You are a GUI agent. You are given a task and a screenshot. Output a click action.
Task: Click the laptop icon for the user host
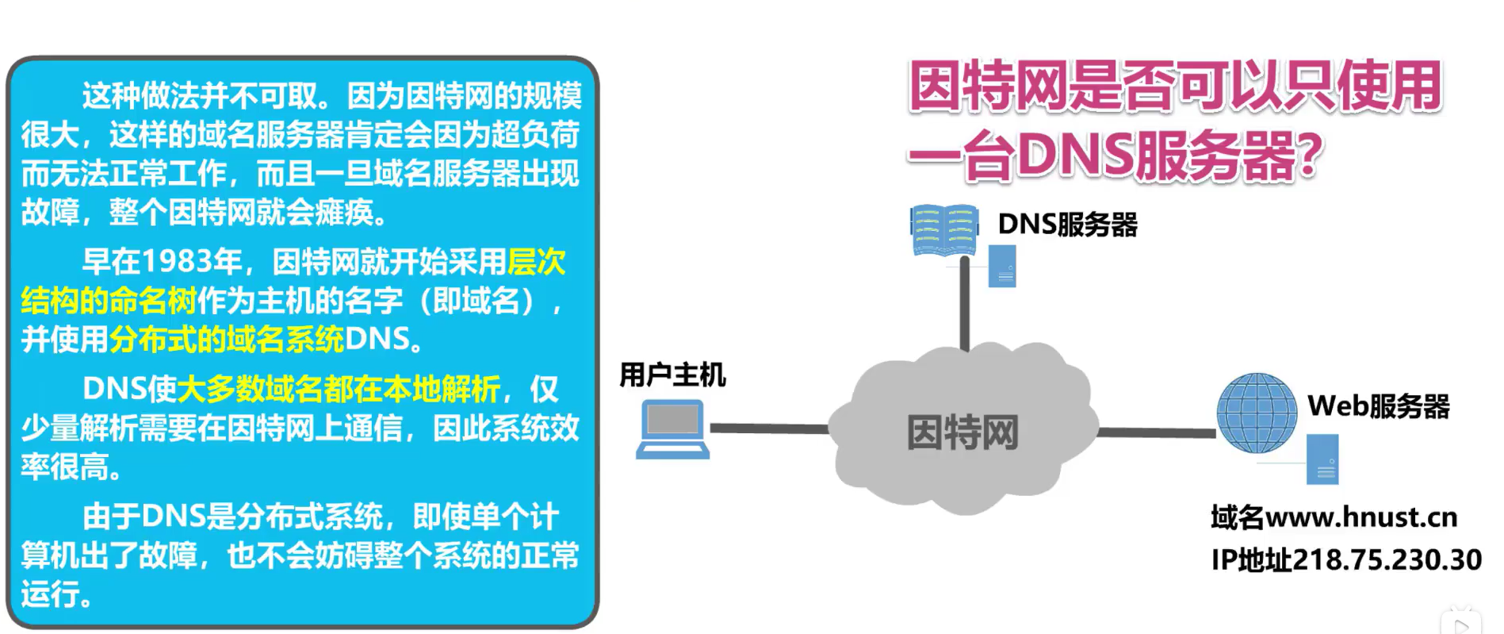672,429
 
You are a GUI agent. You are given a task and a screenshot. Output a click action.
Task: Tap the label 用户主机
672,375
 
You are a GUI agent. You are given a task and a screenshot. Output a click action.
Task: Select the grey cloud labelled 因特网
962,428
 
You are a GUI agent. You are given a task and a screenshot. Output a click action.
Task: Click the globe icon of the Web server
1257,413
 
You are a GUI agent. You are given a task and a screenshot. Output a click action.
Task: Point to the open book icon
943,229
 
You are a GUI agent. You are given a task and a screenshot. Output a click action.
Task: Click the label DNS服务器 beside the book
1067,225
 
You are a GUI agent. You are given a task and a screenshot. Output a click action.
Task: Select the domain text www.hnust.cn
1361,517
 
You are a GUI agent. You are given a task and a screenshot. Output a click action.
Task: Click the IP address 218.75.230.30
1387,559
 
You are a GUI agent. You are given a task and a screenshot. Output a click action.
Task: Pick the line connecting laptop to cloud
769,428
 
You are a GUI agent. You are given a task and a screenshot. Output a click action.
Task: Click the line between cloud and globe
1156,432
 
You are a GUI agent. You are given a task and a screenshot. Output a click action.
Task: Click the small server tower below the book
1002,266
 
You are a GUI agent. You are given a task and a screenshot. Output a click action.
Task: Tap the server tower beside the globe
1322,459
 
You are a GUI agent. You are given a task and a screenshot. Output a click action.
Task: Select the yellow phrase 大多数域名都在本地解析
339,389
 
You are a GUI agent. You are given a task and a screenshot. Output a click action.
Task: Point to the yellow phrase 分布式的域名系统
226,340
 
